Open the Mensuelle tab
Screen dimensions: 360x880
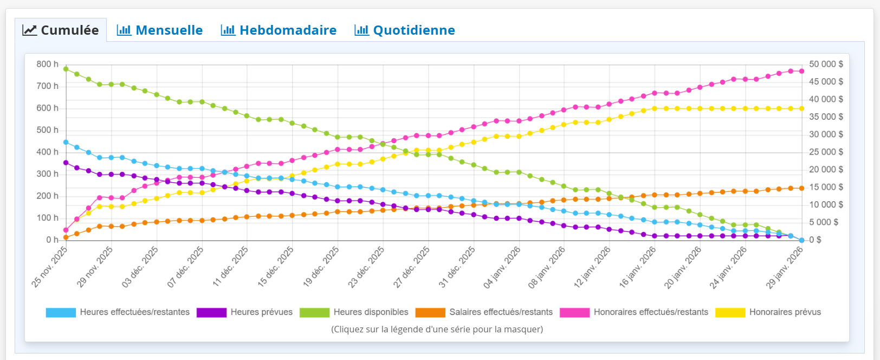[160, 30]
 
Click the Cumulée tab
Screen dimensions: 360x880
[61, 30]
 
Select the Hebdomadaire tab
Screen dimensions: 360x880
[279, 30]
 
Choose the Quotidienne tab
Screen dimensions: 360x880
[405, 30]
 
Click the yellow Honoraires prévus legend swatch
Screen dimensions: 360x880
[730, 313]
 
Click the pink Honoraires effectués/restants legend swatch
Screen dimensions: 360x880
[574, 313]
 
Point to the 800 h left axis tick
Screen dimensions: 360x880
[48, 64]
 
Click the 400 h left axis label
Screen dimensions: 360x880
[48, 152]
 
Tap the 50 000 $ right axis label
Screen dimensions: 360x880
[826, 64]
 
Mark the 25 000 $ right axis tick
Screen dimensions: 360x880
[826, 152]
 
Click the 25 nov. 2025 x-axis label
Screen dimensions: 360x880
[50, 266]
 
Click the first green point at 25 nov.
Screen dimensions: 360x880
[66, 69]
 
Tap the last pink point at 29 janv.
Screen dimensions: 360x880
[801, 71]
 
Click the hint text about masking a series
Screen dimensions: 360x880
[437, 329]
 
